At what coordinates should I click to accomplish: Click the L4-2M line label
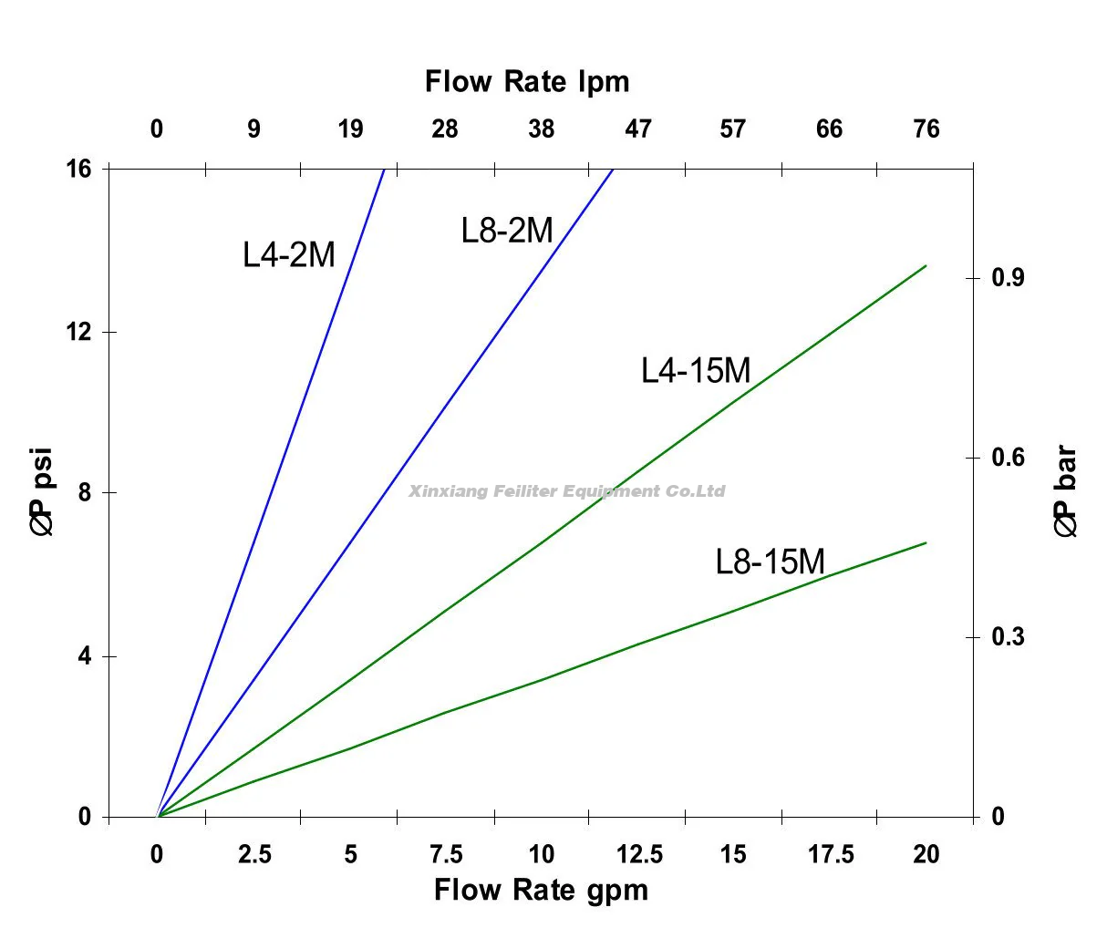(x=289, y=254)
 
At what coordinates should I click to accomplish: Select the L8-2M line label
(x=507, y=230)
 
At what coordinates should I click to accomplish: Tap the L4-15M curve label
(x=696, y=370)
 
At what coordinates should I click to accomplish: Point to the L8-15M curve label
(x=770, y=561)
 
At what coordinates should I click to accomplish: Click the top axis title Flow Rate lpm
(x=527, y=82)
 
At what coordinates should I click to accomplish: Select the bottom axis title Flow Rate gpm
(x=541, y=889)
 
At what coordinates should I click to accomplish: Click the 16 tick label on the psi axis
(x=79, y=169)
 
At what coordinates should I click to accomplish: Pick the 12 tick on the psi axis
(x=79, y=332)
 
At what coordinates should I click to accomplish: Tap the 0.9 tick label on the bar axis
(x=1008, y=277)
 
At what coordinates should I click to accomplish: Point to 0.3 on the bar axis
(x=1008, y=636)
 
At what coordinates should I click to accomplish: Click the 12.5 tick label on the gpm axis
(x=639, y=854)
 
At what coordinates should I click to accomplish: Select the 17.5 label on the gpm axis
(x=831, y=854)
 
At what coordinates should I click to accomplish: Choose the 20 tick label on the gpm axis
(x=926, y=854)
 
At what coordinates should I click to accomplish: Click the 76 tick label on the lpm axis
(x=926, y=129)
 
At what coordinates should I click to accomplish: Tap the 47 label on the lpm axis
(x=638, y=129)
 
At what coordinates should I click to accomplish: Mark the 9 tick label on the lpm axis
(x=253, y=129)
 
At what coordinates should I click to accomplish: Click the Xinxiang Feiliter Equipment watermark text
(x=567, y=491)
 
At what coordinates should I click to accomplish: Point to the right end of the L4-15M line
(x=926, y=266)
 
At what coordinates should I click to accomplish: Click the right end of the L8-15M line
(x=926, y=543)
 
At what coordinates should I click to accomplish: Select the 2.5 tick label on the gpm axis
(x=254, y=854)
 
